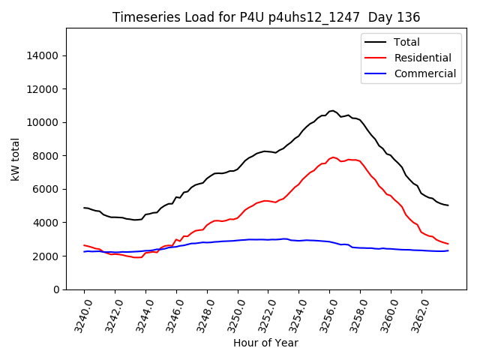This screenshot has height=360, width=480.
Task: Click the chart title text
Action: coord(266,16)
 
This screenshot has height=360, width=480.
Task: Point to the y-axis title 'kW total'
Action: coord(16,159)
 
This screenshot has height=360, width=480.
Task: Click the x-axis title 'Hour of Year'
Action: coord(265,343)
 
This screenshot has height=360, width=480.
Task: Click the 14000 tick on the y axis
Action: coord(44,55)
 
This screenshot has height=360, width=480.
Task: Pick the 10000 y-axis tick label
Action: coord(44,122)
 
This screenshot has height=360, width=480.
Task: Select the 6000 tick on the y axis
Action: coord(47,189)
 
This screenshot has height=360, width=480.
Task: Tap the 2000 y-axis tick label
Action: coord(47,256)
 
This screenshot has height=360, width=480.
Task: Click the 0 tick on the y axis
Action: coord(56,289)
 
